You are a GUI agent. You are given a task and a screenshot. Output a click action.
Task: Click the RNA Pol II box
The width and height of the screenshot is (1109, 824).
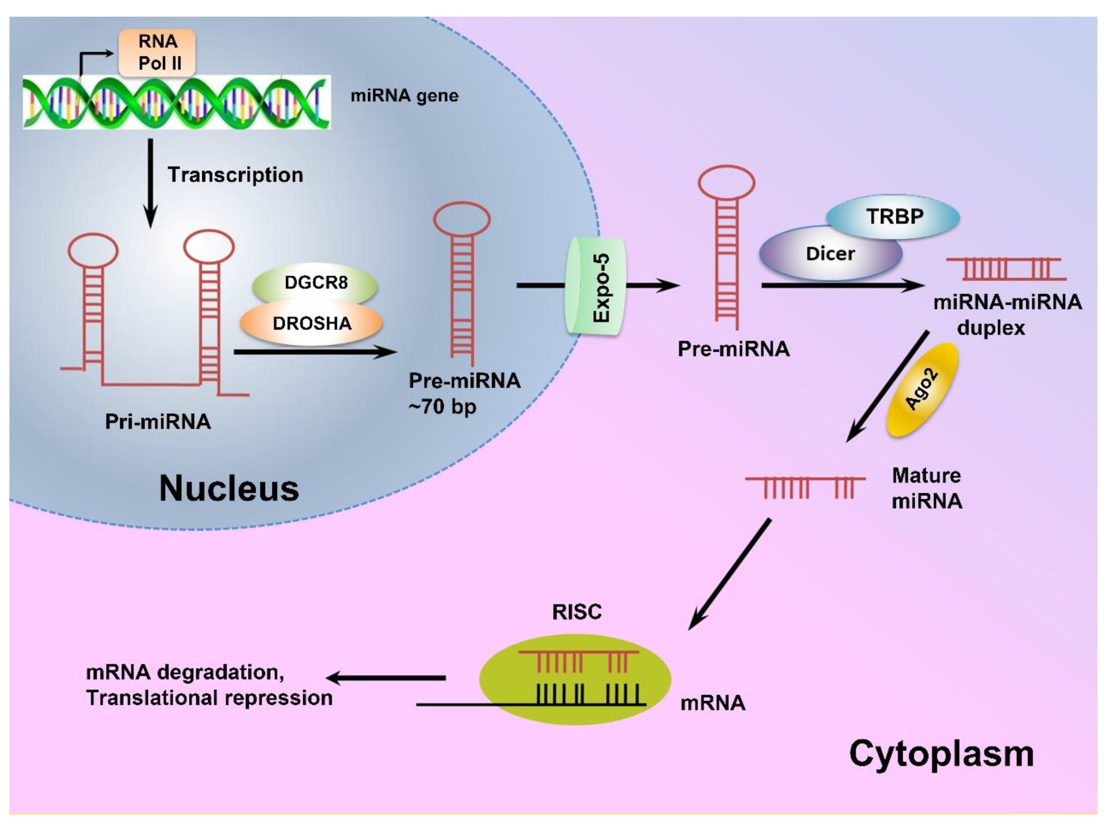click(x=157, y=52)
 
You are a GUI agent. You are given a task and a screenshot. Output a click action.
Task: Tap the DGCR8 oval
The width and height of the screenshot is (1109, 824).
click(x=315, y=283)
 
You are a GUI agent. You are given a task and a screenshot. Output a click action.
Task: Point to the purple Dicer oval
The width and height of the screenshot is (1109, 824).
click(x=830, y=253)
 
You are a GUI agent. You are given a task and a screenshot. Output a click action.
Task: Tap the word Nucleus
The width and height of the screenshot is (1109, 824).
click(x=229, y=488)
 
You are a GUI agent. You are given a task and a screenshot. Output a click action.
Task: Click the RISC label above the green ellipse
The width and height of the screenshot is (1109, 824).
click(x=577, y=612)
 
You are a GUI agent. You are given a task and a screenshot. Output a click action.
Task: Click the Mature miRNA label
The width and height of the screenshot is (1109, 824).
click(x=926, y=488)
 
